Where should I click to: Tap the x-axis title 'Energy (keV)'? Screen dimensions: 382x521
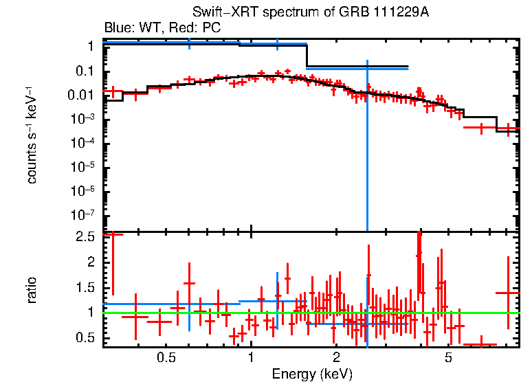[312, 374]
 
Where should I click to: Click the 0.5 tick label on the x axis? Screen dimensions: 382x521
[165, 358]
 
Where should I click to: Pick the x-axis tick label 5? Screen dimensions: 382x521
[448, 358]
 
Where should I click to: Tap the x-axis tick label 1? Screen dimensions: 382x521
[251, 358]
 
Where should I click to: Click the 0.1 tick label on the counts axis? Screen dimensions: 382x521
[85, 71]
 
